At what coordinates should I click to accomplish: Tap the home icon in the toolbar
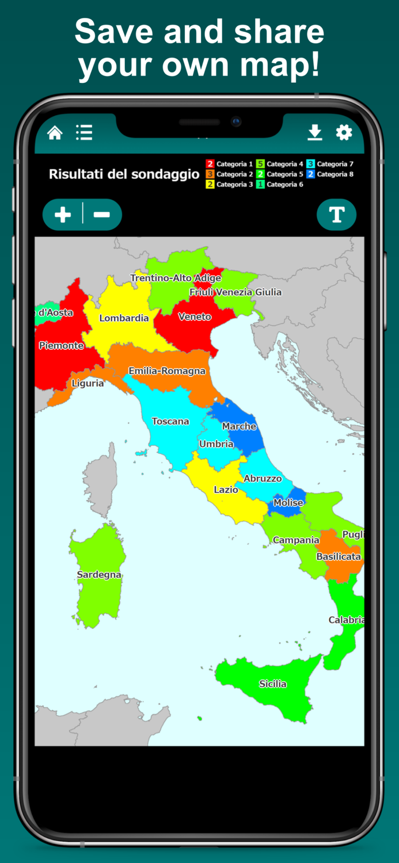[x=55, y=133]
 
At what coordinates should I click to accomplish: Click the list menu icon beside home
[x=84, y=133]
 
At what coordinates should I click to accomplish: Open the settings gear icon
[x=344, y=133]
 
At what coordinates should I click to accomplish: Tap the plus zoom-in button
[x=63, y=215]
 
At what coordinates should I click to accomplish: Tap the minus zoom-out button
[x=102, y=215]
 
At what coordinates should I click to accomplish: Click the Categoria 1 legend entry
[x=230, y=164]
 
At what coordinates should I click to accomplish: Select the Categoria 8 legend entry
[x=330, y=174]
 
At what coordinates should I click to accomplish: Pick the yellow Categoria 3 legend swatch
[x=210, y=185]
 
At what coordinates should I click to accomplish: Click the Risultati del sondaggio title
[x=124, y=174]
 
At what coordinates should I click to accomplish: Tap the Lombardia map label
[x=124, y=318]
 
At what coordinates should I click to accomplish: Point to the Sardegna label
[x=99, y=575]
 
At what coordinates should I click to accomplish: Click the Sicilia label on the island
[x=272, y=684]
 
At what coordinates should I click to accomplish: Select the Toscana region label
[x=170, y=422]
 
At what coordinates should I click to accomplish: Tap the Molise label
[x=288, y=503]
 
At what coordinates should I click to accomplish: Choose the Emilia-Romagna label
[x=167, y=371]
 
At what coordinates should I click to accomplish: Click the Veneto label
[x=195, y=317]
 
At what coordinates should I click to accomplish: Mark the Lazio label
[x=226, y=490]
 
